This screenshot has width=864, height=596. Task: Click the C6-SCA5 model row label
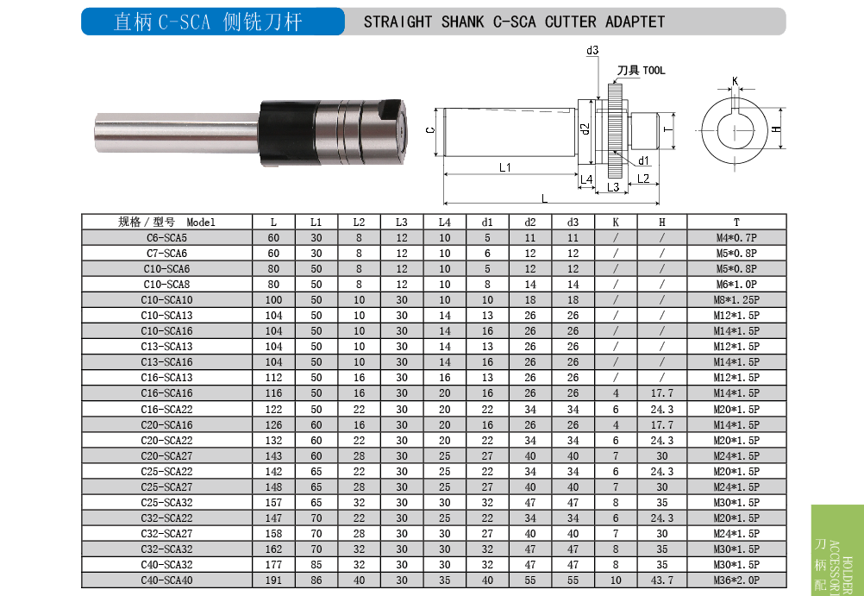point(166,238)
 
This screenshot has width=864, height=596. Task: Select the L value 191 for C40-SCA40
point(273,580)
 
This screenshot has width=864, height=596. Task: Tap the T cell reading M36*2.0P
point(736,580)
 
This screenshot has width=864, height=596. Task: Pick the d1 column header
point(487,223)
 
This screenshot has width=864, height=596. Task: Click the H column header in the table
point(661,223)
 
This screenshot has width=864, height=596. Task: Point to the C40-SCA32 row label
point(166,565)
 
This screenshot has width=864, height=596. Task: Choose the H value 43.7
point(661,580)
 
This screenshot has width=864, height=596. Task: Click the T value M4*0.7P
point(736,238)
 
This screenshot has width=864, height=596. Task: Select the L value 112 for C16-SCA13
point(273,378)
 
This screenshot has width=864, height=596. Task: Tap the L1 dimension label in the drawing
point(504,167)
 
